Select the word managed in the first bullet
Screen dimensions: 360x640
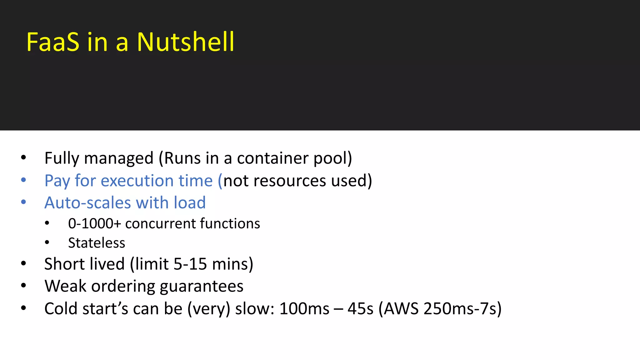119,158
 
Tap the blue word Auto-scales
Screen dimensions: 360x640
88,203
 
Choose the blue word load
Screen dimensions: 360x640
190,203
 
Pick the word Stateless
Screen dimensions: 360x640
97,243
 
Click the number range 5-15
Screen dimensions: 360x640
190,264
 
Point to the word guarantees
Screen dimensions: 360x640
202,286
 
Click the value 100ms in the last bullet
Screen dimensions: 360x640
304,309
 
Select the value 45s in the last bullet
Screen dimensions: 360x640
360,309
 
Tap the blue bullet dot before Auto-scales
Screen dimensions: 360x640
23,202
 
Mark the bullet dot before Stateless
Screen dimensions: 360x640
47,242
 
